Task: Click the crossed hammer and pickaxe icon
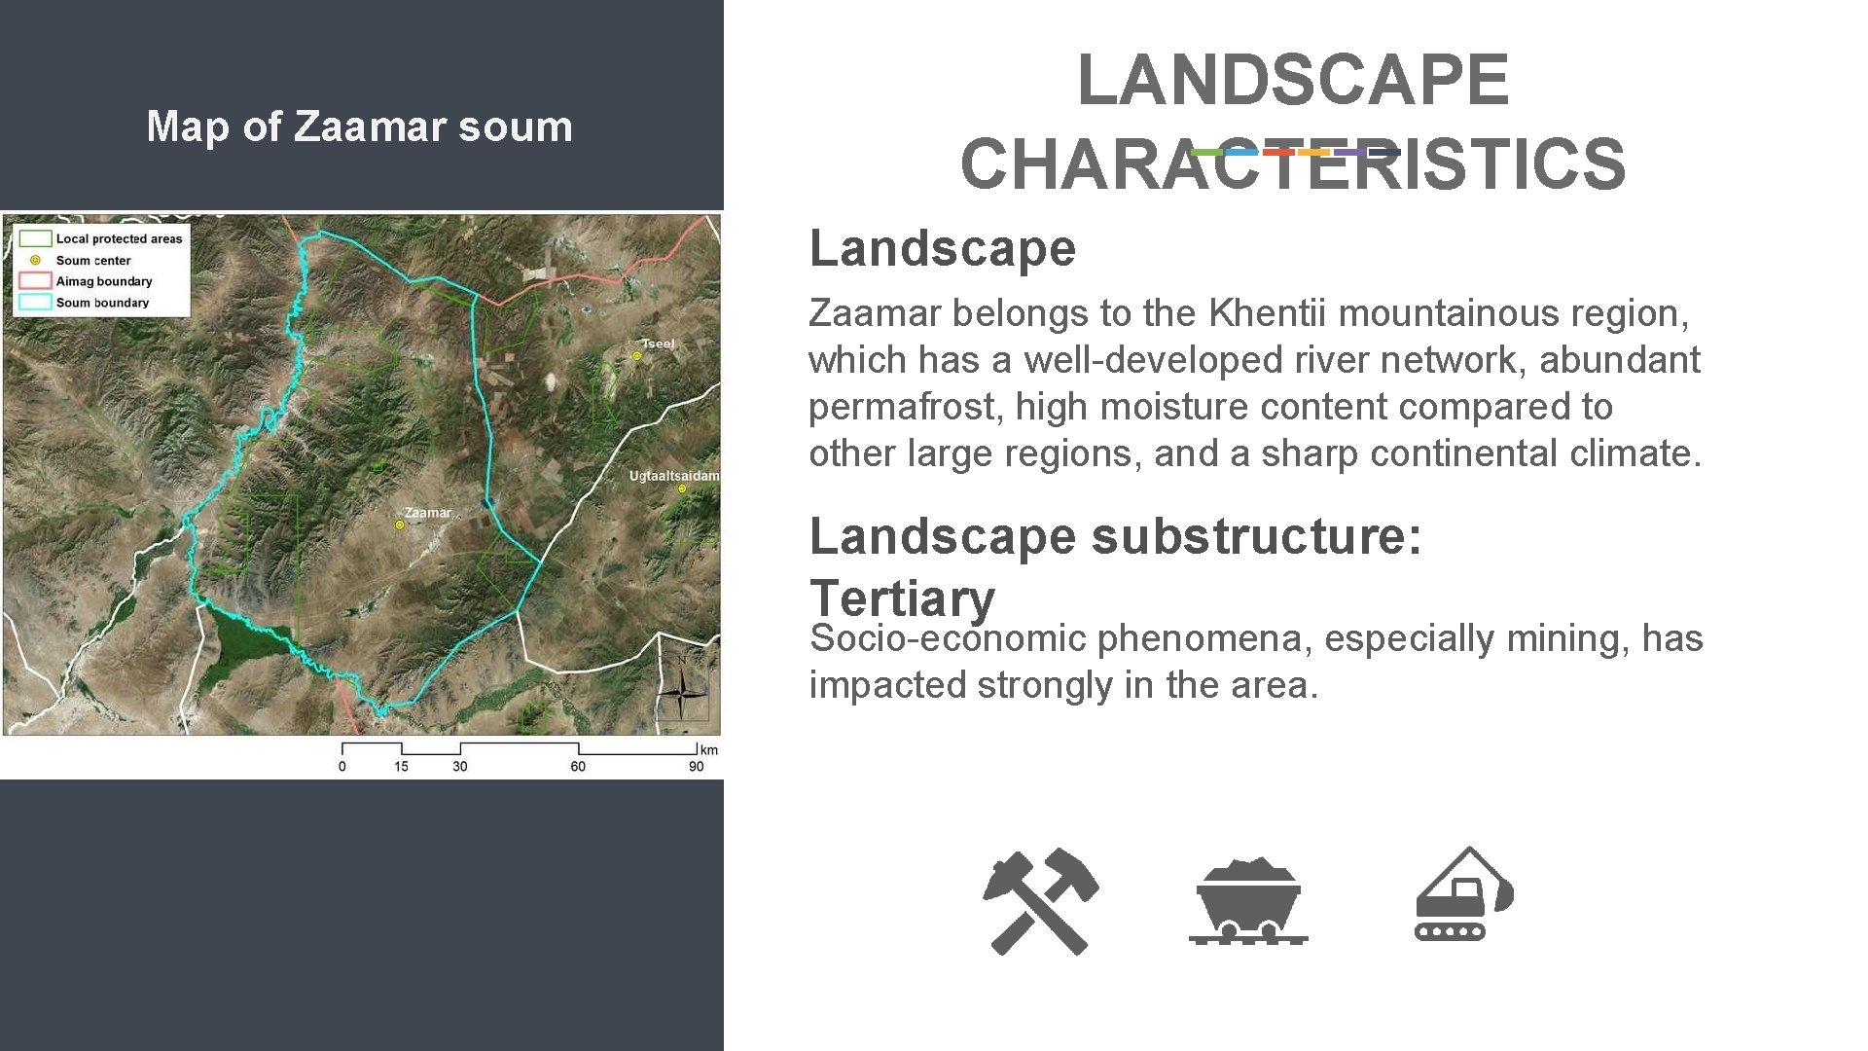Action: coord(1039,901)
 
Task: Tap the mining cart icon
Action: coord(1248,901)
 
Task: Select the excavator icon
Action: coord(1462,895)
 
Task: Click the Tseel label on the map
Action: coord(658,344)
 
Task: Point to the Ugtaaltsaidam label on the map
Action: coord(673,476)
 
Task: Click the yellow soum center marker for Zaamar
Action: coord(399,525)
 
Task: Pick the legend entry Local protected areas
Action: coord(119,238)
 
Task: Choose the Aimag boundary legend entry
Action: coord(104,281)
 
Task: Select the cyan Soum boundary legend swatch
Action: coord(35,302)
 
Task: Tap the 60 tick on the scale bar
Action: coord(578,766)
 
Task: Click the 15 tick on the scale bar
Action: coord(401,766)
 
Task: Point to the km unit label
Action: coord(709,749)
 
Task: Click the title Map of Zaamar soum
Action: coord(359,127)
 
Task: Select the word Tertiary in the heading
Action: coord(902,598)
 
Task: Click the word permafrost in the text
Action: coord(905,407)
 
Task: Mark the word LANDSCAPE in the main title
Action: coord(1292,80)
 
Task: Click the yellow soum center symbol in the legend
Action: coord(35,260)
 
